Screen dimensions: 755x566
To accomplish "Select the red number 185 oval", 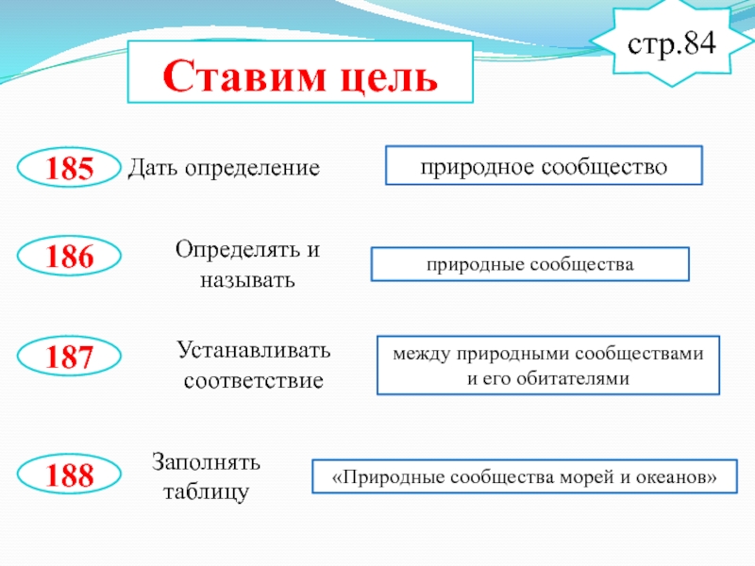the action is (x=71, y=169).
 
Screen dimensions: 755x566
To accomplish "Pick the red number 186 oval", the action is (x=71, y=257).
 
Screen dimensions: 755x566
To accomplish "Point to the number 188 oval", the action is (x=71, y=474).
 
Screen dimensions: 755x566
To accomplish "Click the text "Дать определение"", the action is (x=225, y=168).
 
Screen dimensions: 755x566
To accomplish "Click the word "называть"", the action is (x=248, y=280).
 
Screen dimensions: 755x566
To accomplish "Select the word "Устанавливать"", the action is (x=254, y=351).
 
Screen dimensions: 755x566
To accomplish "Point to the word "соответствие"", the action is (x=253, y=382).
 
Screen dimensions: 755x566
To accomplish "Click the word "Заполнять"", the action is (x=207, y=462).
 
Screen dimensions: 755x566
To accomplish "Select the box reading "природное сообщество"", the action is (x=544, y=165).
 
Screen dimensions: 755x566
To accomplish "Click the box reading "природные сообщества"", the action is (x=529, y=264).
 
